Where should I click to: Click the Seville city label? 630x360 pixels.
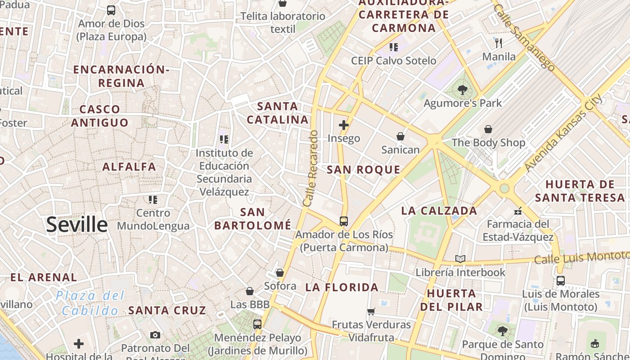[77, 224]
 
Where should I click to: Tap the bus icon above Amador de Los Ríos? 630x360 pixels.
[344, 221]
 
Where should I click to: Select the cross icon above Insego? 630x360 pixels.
[344, 125]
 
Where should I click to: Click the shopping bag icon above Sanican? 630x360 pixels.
[400, 136]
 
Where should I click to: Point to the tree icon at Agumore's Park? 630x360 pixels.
[462, 90]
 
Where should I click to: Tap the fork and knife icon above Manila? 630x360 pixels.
[499, 43]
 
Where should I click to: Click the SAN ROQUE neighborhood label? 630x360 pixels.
[364, 170]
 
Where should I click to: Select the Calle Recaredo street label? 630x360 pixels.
[310, 168]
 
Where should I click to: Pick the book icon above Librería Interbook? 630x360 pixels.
[460, 259]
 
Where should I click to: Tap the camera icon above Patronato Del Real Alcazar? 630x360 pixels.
[155, 335]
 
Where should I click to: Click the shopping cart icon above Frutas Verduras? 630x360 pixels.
[371, 311]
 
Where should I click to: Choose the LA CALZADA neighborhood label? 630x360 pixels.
[439, 211]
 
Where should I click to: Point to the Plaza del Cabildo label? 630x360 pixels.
[90, 303]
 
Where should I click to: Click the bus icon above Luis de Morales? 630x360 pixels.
[561, 280]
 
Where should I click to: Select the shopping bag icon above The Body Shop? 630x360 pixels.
[488, 130]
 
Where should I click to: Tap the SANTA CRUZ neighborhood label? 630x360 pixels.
[167, 310]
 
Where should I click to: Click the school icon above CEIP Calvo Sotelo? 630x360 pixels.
[394, 47]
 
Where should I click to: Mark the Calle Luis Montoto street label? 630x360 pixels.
[581, 257]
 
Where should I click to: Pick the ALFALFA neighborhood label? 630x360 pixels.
[129, 167]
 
